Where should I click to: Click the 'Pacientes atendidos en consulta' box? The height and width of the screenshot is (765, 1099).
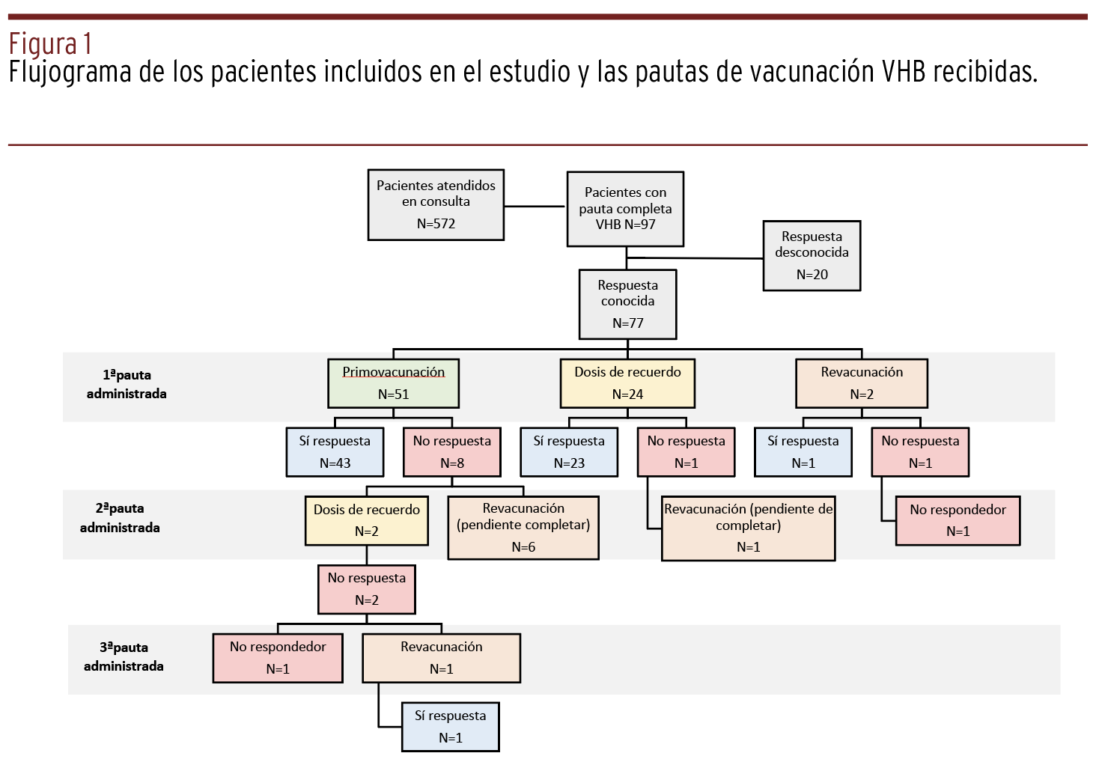pyautogui.click(x=436, y=204)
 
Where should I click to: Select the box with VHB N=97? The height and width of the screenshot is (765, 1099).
pyautogui.click(x=625, y=209)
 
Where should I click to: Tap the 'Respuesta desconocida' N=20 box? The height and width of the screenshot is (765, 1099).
pyautogui.click(x=812, y=256)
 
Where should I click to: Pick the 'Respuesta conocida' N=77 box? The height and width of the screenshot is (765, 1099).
pyautogui.click(x=627, y=304)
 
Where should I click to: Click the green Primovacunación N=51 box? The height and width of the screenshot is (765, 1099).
pyautogui.click(x=394, y=383)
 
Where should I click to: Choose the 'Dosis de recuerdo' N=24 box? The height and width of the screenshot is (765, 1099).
pyautogui.click(x=627, y=383)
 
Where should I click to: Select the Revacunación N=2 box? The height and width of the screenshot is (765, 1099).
pyautogui.click(x=862, y=383)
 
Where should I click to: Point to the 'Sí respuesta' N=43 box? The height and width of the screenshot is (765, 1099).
pyautogui.click(x=335, y=452)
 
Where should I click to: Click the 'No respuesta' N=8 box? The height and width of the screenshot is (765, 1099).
pyautogui.click(x=452, y=452)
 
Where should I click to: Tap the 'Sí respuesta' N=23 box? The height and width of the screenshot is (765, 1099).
pyautogui.click(x=569, y=452)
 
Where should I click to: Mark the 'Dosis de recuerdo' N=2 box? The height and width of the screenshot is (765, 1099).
pyautogui.click(x=367, y=521)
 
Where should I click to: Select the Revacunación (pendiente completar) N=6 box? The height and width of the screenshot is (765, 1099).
pyautogui.click(x=523, y=528)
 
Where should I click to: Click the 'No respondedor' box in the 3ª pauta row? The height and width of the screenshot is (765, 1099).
pyautogui.click(x=278, y=658)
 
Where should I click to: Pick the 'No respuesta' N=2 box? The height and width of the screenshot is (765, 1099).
pyautogui.click(x=367, y=589)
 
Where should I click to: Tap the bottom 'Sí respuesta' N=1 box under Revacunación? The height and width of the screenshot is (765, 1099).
pyautogui.click(x=451, y=727)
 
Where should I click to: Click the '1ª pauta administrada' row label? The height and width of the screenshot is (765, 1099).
pyautogui.click(x=127, y=384)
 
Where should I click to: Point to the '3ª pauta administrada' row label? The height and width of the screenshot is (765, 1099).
pyautogui.click(x=124, y=656)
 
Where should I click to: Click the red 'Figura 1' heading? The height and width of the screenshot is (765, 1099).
pyautogui.click(x=51, y=43)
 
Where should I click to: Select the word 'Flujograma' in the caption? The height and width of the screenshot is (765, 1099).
pyautogui.click(x=70, y=72)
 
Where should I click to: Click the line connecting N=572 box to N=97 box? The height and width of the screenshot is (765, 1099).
pyautogui.click(x=535, y=207)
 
